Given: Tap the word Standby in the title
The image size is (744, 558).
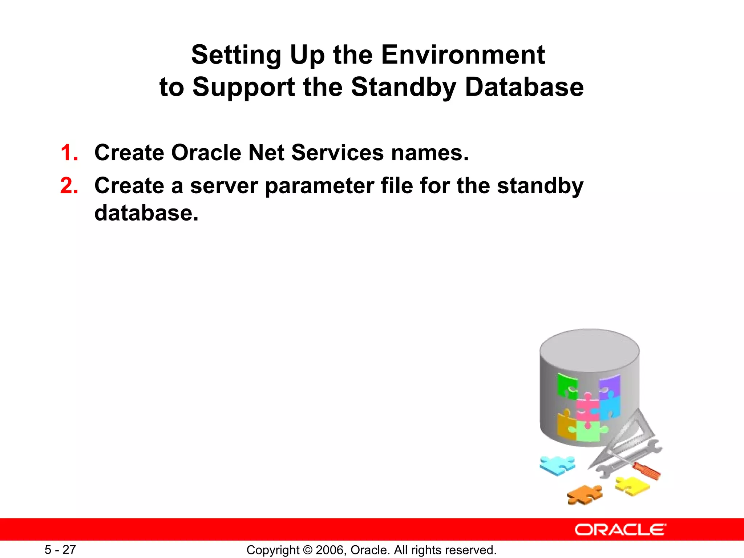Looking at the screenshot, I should pyautogui.click(x=404, y=88).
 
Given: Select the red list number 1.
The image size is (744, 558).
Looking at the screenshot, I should pyautogui.click(x=69, y=153).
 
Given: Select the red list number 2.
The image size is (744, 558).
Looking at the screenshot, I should pyautogui.click(x=69, y=186).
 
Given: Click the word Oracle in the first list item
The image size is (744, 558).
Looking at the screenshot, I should pyautogui.click(x=206, y=153).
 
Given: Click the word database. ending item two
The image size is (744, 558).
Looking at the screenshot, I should pyautogui.click(x=146, y=213).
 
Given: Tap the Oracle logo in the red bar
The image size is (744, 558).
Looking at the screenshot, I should pyautogui.click(x=620, y=530).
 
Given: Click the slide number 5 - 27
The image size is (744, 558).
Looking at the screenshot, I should pyautogui.click(x=60, y=550).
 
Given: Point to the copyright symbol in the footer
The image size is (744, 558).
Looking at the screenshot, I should pyautogui.click(x=307, y=550).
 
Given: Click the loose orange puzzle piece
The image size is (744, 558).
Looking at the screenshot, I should pyautogui.click(x=584, y=495).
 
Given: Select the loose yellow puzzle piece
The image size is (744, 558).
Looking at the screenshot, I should pyautogui.click(x=632, y=486).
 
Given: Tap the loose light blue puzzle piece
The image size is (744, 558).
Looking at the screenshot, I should pyautogui.click(x=557, y=465).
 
